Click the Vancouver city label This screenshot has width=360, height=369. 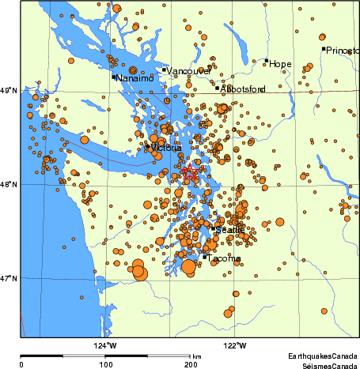tap(189, 71)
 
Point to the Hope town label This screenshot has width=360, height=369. tap(281, 64)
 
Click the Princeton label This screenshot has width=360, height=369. tap(343, 51)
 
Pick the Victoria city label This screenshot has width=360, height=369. tap(165, 148)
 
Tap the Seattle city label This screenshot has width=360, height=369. tap(230, 229)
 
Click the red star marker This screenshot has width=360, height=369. tap(188, 171)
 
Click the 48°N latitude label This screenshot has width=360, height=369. tap(9, 185)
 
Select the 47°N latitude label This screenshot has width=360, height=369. tap(9, 278)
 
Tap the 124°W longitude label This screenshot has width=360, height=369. tap(105, 345)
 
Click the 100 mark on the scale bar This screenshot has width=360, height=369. tap(105, 364)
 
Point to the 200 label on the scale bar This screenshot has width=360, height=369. tap(191, 364)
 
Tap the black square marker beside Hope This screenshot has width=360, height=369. tap(267, 61)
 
